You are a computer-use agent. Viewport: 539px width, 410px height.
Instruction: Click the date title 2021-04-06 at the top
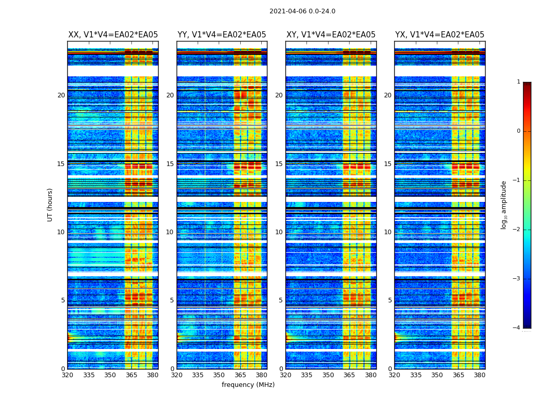click(302, 11)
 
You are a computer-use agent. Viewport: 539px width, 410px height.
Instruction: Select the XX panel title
click(113, 35)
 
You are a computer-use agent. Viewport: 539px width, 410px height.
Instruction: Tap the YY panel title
click(222, 35)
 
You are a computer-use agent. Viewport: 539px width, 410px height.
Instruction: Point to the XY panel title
click(331, 35)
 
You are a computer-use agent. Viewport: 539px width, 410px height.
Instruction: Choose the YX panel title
click(439, 35)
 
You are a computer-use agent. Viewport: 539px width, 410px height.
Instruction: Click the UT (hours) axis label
click(50, 204)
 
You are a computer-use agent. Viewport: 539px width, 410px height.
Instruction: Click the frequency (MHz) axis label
click(248, 385)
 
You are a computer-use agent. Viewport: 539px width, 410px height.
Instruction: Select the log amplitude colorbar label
click(504, 204)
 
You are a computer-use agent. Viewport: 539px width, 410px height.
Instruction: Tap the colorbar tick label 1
click(518, 82)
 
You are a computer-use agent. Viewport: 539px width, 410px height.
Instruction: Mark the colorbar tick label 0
click(518, 131)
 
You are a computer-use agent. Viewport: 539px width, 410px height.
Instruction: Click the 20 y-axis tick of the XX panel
click(61, 95)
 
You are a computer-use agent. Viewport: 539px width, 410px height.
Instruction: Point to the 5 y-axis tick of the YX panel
click(390, 300)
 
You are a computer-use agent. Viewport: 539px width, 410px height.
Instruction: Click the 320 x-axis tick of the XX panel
click(67, 375)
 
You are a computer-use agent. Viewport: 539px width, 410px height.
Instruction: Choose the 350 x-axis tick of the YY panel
click(219, 375)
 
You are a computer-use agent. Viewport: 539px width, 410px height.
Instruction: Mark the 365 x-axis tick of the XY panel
click(349, 375)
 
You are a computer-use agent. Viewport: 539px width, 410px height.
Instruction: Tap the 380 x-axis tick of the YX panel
click(479, 375)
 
